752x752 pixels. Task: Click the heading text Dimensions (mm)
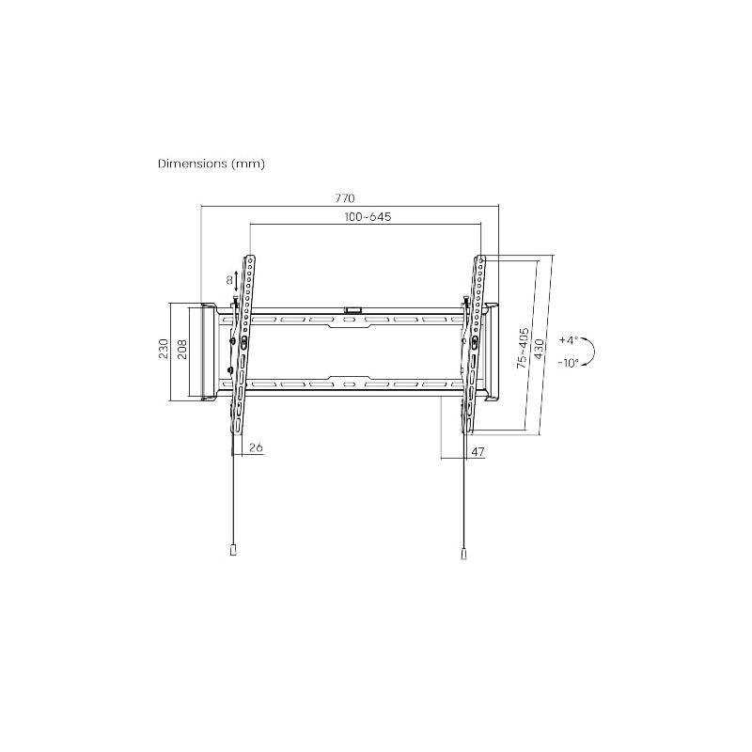(x=211, y=164)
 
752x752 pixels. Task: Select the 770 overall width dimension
(x=344, y=198)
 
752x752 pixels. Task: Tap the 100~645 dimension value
(x=367, y=217)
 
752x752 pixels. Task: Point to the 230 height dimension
(x=163, y=350)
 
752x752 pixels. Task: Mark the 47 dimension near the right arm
(x=477, y=452)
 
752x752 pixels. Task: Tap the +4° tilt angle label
(x=568, y=339)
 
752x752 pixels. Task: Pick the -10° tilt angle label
(x=568, y=362)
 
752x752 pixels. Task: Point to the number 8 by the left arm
(x=227, y=280)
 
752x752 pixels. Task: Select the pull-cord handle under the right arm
(x=463, y=555)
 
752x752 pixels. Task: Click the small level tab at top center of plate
(x=353, y=307)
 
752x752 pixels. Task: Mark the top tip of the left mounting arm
(x=250, y=258)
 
